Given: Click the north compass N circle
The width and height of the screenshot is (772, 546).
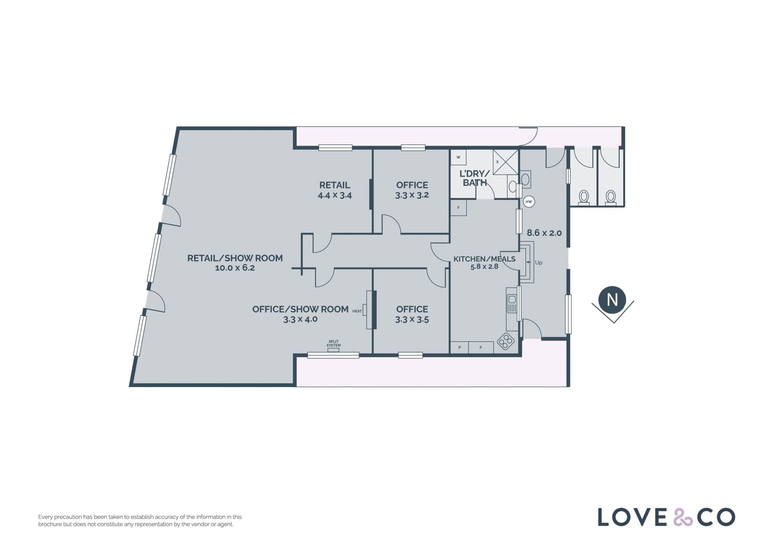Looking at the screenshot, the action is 612,299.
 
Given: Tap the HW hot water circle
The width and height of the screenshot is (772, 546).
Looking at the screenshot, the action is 529,202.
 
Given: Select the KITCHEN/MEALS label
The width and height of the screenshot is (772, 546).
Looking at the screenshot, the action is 485,259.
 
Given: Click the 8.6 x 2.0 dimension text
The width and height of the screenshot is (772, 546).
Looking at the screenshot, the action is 544,233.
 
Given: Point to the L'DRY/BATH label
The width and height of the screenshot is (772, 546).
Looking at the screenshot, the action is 475,178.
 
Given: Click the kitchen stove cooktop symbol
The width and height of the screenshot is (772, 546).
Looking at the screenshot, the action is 506,341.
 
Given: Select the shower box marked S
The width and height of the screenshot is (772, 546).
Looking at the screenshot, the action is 506,162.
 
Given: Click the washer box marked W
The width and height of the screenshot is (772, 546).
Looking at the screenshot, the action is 458,157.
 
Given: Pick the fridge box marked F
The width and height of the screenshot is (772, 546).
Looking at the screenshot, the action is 458,208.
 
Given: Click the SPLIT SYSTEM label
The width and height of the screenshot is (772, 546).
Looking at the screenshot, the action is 333,344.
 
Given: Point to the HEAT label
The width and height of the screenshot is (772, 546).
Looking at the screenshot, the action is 357,311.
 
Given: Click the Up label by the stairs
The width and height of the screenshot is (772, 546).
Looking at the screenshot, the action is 538,263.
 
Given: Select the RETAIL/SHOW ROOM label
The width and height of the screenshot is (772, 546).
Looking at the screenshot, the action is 235,258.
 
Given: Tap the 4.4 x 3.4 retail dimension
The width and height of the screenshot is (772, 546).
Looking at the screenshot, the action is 335,196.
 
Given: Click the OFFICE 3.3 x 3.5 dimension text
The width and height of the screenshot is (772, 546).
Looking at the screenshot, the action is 412,319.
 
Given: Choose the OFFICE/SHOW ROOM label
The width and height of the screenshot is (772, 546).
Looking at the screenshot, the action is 300,309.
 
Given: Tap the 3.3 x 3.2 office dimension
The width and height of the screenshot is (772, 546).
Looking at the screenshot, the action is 412,195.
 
